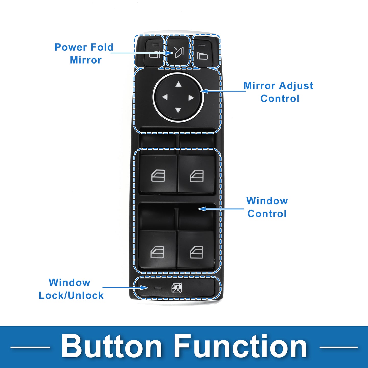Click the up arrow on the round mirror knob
(178, 84)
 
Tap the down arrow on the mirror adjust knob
(178, 110)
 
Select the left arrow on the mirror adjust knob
(165, 97)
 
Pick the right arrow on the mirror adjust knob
(191, 98)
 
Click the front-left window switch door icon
(158, 176)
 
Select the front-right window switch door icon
(197, 176)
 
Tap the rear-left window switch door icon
(157, 252)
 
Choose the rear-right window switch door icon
(197, 252)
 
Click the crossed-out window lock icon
(177, 288)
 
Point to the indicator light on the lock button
(158, 287)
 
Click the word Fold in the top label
(102, 47)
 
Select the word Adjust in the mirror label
(296, 86)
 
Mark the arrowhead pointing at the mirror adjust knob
(204, 91)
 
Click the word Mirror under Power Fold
(86, 60)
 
